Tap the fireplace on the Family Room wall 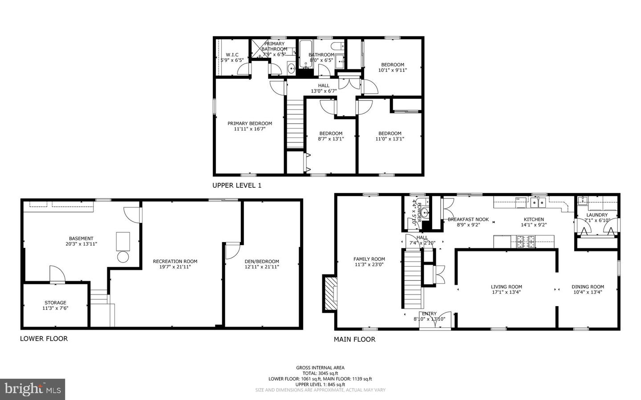[330, 294]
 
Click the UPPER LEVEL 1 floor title [236, 185]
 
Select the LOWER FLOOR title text [44, 339]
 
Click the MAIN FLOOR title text [354, 339]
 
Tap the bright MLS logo [32, 389]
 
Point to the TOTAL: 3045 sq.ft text [320, 373]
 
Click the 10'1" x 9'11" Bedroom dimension [392, 70]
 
